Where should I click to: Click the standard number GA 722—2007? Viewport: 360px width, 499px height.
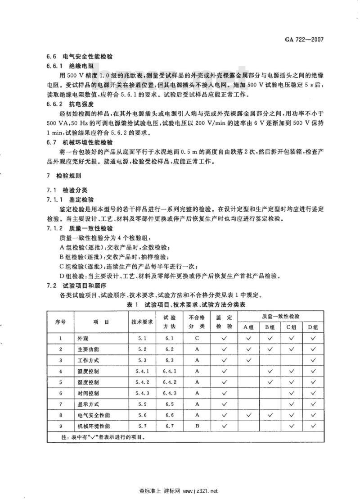(x=306, y=40)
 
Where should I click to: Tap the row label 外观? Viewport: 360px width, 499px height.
(x=83, y=338)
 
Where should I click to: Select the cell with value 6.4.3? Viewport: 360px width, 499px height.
(x=169, y=393)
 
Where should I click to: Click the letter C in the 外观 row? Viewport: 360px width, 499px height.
(x=197, y=338)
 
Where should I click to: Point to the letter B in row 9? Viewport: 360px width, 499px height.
(x=197, y=426)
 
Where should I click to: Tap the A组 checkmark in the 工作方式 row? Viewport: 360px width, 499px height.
(x=248, y=360)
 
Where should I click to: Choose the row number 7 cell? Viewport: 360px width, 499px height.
(x=61, y=404)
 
